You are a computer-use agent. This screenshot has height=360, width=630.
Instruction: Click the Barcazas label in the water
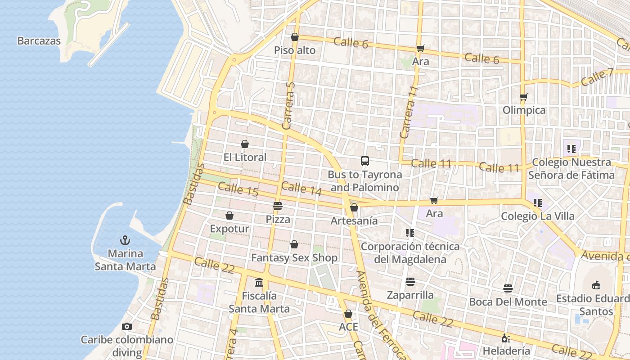[39, 41]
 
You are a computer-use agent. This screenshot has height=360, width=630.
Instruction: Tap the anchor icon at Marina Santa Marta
[125, 240]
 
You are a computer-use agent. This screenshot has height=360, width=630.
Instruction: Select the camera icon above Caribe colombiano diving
[127, 326]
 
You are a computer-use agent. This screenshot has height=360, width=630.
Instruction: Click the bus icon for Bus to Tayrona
[364, 161]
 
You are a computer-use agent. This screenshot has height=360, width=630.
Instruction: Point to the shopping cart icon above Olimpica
[523, 97]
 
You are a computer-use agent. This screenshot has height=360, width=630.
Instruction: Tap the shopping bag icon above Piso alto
[295, 37]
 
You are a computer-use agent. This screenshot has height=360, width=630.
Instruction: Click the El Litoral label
[245, 157]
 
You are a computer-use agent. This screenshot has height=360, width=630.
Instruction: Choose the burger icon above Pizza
[277, 206]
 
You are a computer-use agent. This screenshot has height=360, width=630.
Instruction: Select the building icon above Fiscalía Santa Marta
[259, 283]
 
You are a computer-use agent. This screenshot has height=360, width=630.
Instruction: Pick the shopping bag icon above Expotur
[229, 216]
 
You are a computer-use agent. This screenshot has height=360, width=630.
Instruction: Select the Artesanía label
[354, 220]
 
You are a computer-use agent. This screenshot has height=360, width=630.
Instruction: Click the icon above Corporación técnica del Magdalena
[409, 233]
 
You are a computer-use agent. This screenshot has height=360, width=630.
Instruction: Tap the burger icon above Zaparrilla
[410, 282]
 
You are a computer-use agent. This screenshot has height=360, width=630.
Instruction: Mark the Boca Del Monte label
[508, 301]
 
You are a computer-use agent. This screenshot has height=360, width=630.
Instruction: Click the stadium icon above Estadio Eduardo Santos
[596, 285]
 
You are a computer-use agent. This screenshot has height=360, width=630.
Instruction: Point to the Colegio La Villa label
[538, 216]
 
